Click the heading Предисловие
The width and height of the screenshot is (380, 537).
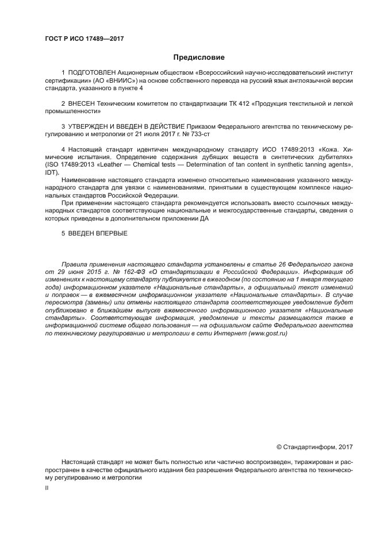tap(199, 57)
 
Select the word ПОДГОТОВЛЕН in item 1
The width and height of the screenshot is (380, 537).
tap(91, 73)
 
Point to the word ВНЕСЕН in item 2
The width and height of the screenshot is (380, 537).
tap(82, 104)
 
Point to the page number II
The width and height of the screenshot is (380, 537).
tap(47, 488)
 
